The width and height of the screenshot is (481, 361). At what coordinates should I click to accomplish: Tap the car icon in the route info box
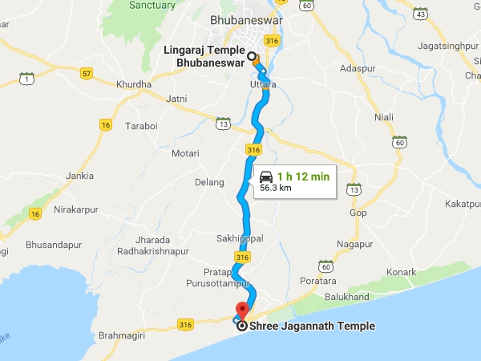tap(266, 176)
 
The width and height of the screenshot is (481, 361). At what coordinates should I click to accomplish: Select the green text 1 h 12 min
tap(302, 176)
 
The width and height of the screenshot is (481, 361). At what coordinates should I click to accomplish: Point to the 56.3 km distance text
tap(276, 189)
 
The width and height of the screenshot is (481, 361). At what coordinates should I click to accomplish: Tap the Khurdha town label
tap(134, 84)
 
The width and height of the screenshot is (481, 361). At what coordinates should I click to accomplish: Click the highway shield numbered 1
tap(27, 79)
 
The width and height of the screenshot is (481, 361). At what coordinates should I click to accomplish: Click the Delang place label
tap(209, 182)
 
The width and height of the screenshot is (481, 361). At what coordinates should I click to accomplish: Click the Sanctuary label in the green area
tap(152, 6)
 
